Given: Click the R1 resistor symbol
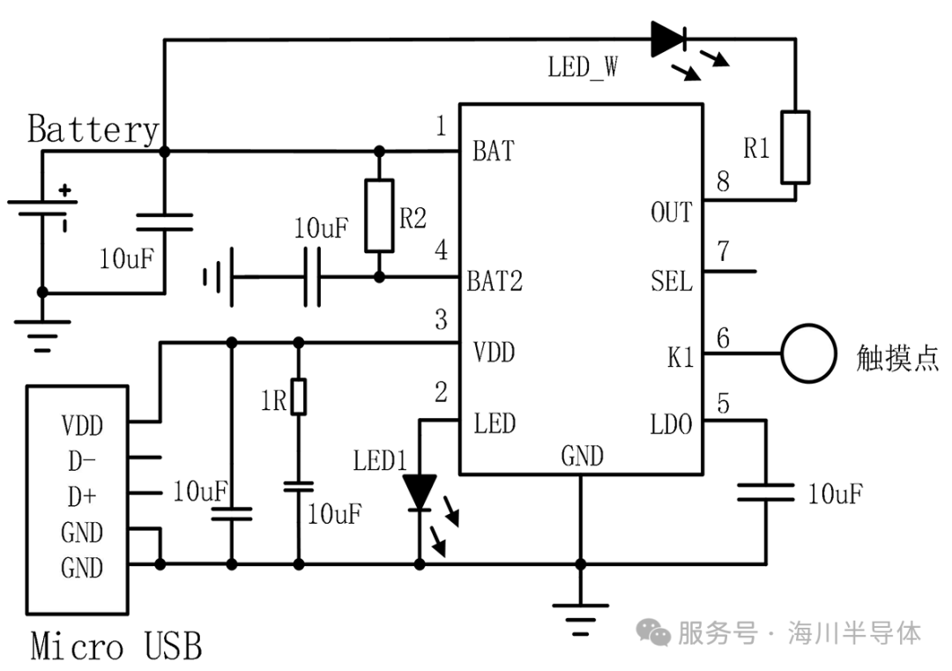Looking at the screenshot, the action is click(795, 147).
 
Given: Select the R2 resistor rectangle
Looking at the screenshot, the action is click(379, 215).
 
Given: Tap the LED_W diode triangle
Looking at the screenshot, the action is click(668, 39).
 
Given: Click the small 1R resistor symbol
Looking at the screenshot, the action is click(298, 397).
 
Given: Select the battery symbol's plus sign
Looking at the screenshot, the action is click(65, 190).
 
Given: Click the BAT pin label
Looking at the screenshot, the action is click(494, 151).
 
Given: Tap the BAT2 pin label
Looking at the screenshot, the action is click(495, 281).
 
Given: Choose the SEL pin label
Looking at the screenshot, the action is click(672, 281).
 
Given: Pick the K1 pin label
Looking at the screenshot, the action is click(680, 358).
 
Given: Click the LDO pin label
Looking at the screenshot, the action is click(671, 424).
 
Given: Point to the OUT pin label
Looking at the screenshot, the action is click(671, 212).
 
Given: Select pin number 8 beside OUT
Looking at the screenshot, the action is click(723, 182).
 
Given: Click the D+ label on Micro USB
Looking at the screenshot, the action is click(82, 496).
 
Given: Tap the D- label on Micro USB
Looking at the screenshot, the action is click(82, 461).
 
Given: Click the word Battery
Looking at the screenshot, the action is click(93, 130).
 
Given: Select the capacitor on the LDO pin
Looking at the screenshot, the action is click(766, 493).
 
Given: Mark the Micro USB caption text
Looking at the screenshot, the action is click(116, 645).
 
